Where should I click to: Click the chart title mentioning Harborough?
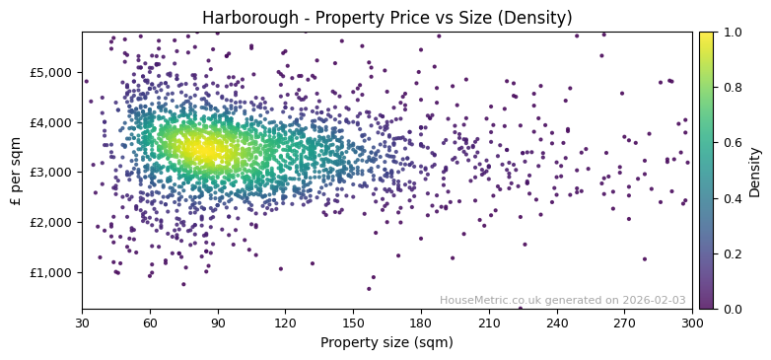coord(386,18)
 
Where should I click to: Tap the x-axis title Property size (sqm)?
coord(386,343)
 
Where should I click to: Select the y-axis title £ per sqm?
coord(16,171)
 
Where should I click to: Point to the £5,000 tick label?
coord(51,72)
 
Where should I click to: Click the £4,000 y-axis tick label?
coord(51,122)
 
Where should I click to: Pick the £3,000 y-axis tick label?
coord(51,172)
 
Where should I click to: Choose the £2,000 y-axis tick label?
coord(51,222)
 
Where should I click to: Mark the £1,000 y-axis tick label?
coord(51,272)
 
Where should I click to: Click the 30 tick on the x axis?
coord(82,323)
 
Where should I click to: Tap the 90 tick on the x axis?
coord(218,323)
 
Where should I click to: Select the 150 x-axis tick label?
coord(353,323)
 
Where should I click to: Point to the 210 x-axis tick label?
coord(489,323)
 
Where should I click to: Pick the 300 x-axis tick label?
coord(692,323)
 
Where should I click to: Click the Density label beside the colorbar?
coord(755,171)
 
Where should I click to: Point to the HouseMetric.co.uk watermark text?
coord(562,300)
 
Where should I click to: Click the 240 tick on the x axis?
coord(557,323)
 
